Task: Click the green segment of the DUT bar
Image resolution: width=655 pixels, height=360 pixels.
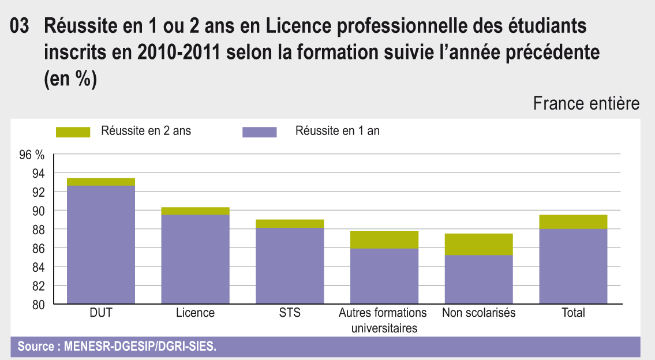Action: (x=101, y=182)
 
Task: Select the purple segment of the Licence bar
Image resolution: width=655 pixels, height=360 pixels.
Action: (x=196, y=259)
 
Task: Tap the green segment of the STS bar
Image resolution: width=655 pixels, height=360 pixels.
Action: (x=290, y=224)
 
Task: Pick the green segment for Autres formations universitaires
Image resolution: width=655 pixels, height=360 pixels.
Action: (x=384, y=239)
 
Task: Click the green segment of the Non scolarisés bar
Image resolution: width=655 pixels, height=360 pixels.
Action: (x=478, y=244)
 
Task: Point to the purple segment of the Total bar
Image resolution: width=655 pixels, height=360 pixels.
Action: (x=573, y=266)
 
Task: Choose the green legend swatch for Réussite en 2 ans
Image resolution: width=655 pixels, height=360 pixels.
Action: (x=73, y=132)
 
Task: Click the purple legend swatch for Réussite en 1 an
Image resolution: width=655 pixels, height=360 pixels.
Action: (x=259, y=132)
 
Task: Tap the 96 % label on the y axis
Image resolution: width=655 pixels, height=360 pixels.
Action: (x=32, y=155)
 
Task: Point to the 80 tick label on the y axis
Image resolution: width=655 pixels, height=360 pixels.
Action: (x=38, y=305)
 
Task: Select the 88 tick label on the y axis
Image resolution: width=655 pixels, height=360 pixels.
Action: (x=38, y=230)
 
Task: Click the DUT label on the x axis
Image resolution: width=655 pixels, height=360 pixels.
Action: (x=101, y=313)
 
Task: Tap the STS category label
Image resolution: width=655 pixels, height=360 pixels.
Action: (x=290, y=313)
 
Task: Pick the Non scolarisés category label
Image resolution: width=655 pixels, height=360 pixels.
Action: (x=478, y=313)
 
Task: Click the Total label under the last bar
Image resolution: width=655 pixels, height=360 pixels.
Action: (x=573, y=313)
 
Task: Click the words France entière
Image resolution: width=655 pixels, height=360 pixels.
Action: (x=586, y=104)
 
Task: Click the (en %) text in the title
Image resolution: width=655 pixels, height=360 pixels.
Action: (x=70, y=79)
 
